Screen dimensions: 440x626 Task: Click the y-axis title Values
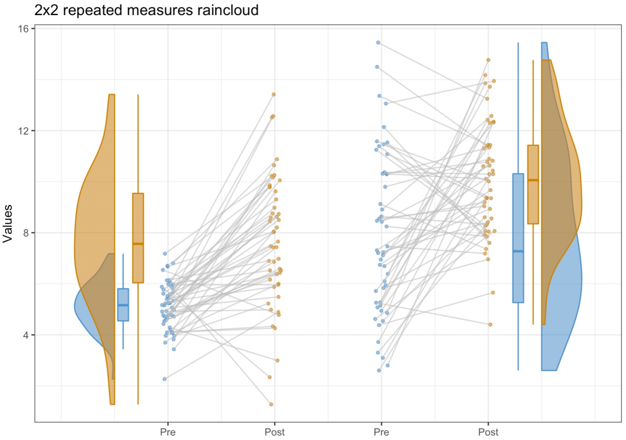[9, 223]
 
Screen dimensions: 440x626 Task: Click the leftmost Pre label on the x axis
[168, 432]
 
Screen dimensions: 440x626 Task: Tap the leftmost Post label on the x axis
[274, 432]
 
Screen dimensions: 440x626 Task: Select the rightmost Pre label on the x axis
[381, 432]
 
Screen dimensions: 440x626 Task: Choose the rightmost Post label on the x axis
[488, 432]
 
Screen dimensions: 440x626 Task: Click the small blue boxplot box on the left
[123, 305]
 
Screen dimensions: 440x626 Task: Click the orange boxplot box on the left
[138, 238]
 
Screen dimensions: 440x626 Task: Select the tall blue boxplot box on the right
[518, 238]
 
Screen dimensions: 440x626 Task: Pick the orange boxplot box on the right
[533, 184]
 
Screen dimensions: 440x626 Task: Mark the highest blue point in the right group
[378, 42]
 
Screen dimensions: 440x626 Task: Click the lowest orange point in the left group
[271, 404]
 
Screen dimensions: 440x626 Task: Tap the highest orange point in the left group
[274, 94]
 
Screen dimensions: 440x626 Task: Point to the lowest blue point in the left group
[165, 379]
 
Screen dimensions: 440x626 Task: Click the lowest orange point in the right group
[490, 324]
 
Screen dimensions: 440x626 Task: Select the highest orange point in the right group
[488, 60]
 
